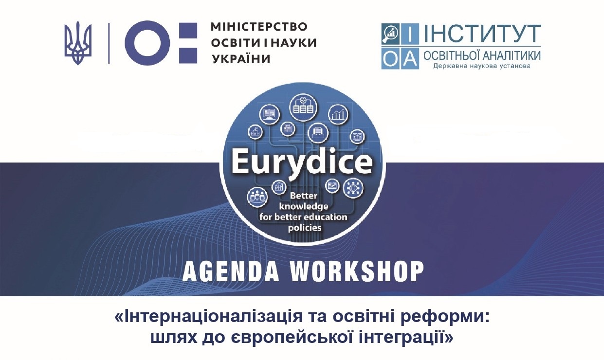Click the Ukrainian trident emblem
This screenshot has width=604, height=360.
78,43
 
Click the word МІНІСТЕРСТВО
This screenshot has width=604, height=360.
259,27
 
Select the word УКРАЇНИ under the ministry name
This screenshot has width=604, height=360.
241,59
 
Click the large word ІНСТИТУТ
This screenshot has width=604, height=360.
482,34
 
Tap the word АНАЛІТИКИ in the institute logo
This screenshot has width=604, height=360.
512,55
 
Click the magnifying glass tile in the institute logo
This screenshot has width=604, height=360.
390,34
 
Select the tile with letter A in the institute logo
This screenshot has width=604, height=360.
410,59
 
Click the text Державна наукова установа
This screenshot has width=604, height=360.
482,66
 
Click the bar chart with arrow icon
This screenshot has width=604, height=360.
338,114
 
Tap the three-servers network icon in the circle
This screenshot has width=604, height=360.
303,107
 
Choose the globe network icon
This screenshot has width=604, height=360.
353,188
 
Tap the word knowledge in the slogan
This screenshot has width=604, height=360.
304,207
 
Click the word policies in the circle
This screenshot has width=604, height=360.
305,228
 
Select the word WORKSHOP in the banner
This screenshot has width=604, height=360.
358,271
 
